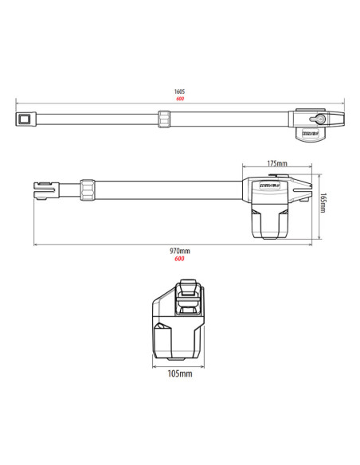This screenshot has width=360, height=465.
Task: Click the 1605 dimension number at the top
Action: tap(180, 92)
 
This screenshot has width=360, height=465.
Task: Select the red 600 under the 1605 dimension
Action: tap(180, 99)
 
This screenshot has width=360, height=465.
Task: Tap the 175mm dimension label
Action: tap(277, 163)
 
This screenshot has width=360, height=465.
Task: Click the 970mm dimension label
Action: tap(180, 251)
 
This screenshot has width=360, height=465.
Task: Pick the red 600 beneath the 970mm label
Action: tap(180, 258)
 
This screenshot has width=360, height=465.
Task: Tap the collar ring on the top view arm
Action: tap(164, 119)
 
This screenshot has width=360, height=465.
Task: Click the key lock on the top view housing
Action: tap(311, 119)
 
